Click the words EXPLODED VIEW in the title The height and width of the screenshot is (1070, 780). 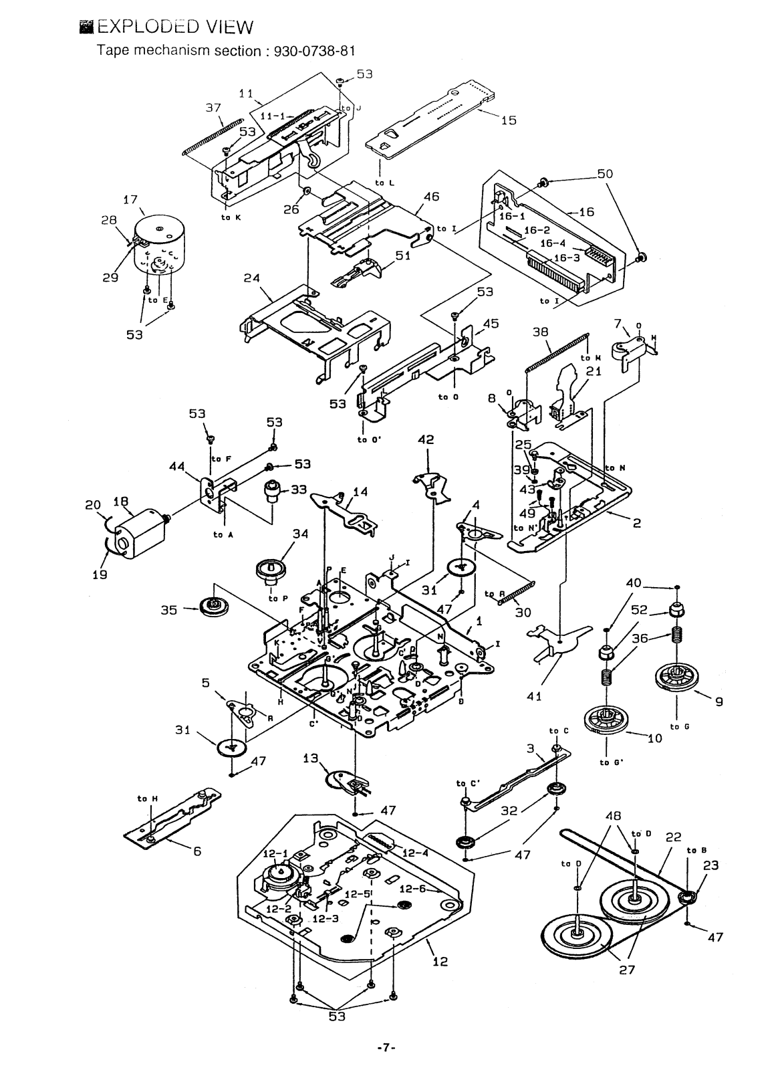point(175,27)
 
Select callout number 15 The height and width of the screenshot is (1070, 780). point(509,121)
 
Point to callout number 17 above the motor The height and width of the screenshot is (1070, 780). point(130,199)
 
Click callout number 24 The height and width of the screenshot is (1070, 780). point(251,278)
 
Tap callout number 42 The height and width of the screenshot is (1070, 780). point(426,439)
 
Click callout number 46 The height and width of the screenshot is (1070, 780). point(431,197)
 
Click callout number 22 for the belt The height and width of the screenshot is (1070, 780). point(673,836)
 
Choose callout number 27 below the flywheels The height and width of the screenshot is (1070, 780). point(626,969)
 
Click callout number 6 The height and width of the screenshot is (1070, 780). point(198,851)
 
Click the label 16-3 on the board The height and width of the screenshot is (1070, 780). point(551,257)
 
